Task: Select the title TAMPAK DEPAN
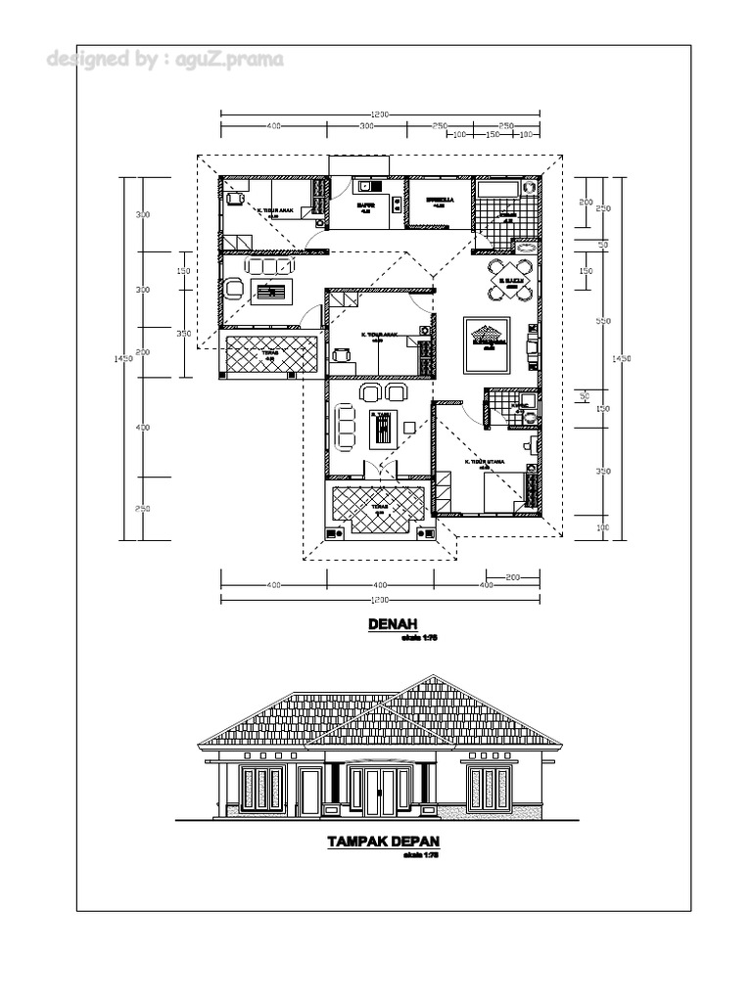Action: (383, 842)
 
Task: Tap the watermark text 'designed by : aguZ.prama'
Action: (164, 60)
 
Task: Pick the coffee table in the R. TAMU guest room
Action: (381, 429)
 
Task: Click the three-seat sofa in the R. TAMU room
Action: (346, 427)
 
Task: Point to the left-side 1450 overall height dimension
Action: (124, 359)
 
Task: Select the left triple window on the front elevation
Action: (261, 788)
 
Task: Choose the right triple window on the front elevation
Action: (489, 788)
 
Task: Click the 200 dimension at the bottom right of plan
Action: (510, 577)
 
